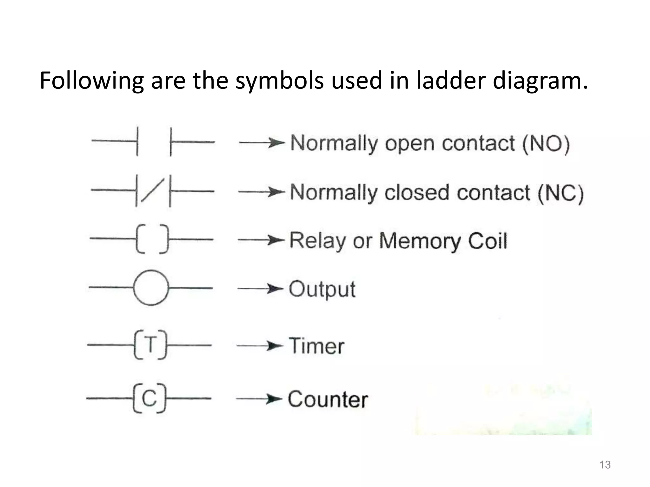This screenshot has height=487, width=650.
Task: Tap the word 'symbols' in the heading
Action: (x=279, y=81)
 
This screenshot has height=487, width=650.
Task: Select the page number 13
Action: (x=605, y=465)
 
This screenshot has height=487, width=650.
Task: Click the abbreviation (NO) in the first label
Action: (x=546, y=143)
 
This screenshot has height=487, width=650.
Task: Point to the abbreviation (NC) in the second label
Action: (x=560, y=193)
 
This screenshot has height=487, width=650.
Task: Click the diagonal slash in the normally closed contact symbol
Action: (x=153, y=191)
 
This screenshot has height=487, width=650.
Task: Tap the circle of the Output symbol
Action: (x=151, y=288)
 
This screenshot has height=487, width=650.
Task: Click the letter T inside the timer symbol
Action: (x=150, y=344)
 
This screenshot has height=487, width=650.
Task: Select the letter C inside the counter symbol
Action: (x=149, y=398)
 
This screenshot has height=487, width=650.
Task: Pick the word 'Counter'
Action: (x=328, y=399)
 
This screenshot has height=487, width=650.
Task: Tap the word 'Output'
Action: (x=322, y=289)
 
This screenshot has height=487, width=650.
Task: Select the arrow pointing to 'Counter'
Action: (x=259, y=399)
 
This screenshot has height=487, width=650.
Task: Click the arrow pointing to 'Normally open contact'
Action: (x=262, y=143)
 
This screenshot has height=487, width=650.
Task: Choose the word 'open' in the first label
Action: (x=409, y=144)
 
